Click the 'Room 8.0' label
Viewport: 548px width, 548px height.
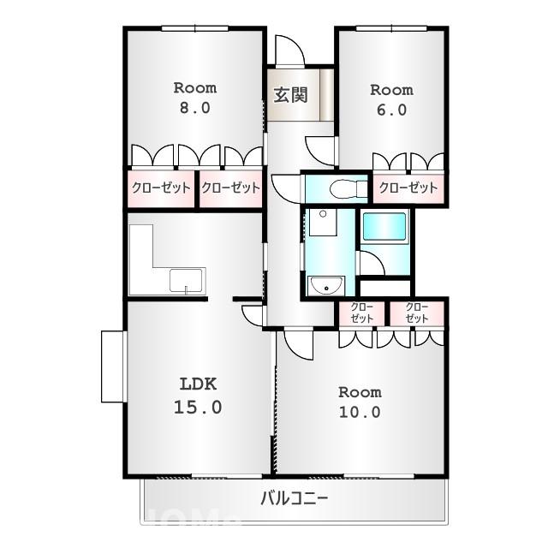click(195, 98)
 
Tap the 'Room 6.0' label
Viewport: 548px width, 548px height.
click(390, 99)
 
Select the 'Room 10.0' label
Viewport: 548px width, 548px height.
click(360, 402)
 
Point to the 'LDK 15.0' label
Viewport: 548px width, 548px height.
click(198, 396)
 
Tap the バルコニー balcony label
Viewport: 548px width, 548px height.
click(294, 498)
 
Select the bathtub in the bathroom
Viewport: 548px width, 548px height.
click(384, 228)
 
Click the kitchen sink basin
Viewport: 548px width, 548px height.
click(187, 280)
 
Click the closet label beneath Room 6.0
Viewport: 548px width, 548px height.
click(408, 188)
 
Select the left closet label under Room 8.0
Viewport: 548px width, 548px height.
click(161, 188)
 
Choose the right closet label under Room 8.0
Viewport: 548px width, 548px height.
click(230, 188)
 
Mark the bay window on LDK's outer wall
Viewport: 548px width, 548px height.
click(113, 366)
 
